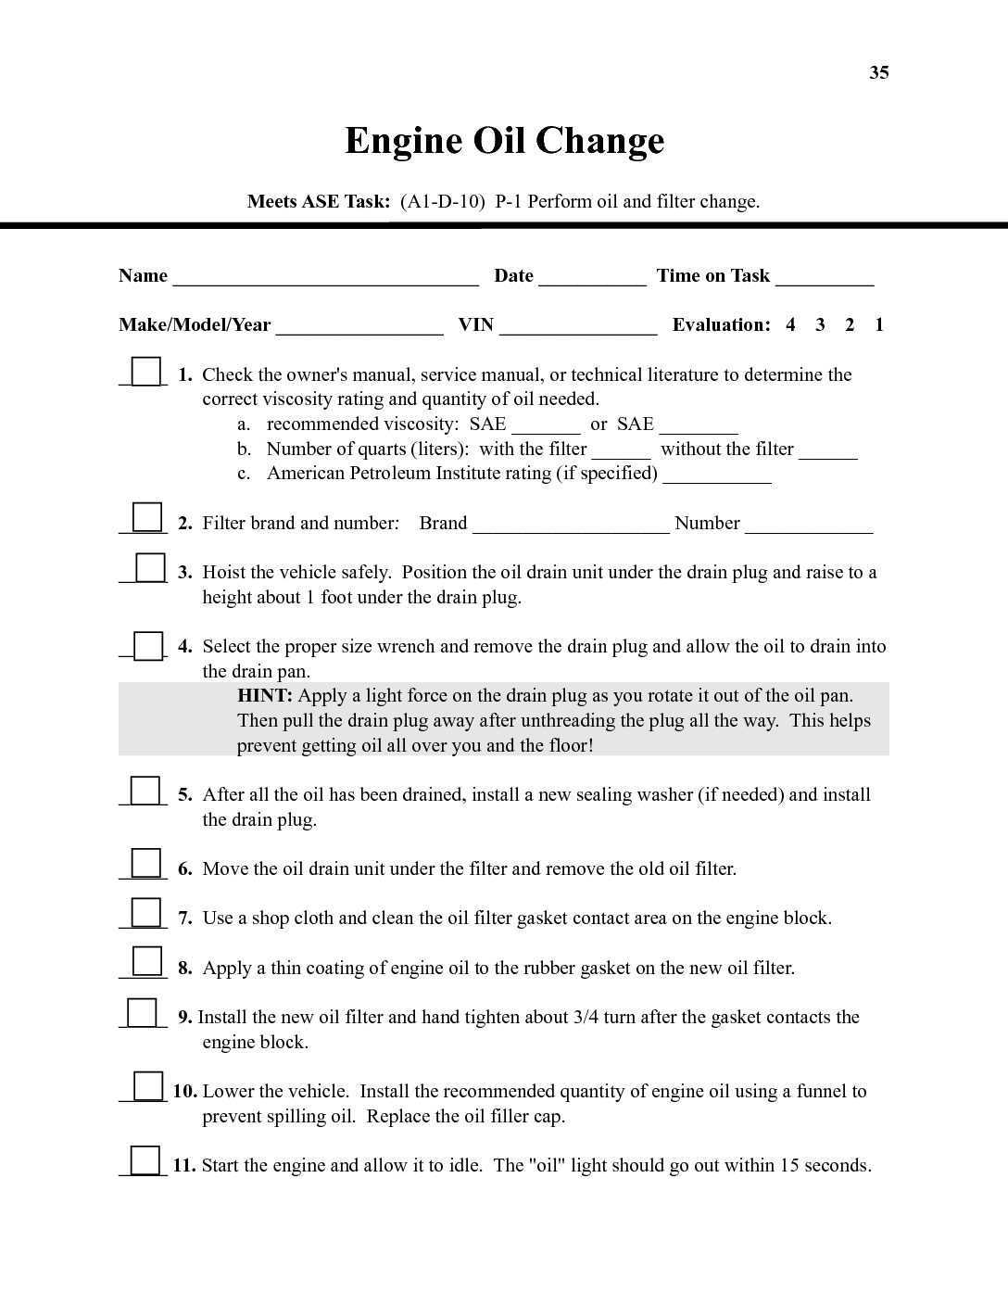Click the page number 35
(878, 73)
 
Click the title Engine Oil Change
(504, 141)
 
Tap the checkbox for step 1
(145, 372)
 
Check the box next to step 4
(147, 645)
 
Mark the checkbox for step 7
(145, 913)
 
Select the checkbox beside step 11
(145, 1160)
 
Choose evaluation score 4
(790, 325)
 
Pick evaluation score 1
(878, 325)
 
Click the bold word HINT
(265, 696)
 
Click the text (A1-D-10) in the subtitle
(442, 202)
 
